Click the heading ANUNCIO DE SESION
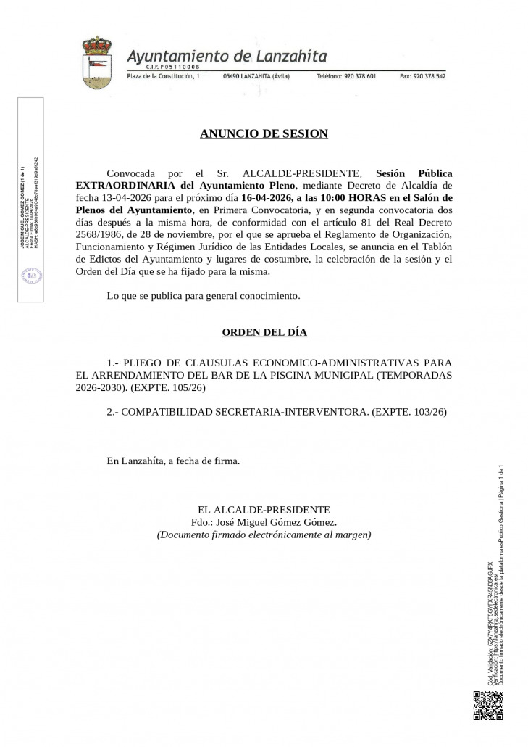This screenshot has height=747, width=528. [x=264, y=133]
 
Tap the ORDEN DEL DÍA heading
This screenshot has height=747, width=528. [x=264, y=332]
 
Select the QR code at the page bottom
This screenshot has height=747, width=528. [x=487, y=706]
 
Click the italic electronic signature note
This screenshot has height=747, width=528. [x=264, y=535]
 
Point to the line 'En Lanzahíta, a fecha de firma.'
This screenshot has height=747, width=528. [x=172, y=461]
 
